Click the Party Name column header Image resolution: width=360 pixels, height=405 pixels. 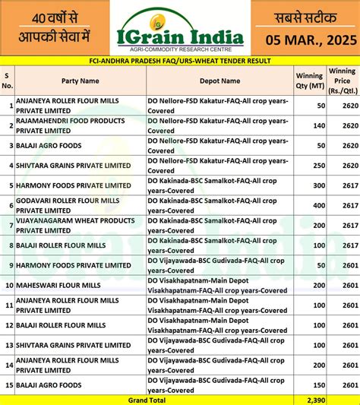tap(80, 80)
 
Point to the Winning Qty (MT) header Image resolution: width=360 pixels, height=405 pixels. tap(309, 80)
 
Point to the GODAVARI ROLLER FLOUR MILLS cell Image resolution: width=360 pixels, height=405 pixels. tap(68, 205)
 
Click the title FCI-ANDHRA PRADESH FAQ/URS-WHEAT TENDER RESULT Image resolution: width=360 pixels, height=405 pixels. tap(180, 59)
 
